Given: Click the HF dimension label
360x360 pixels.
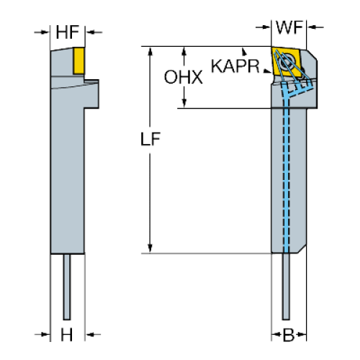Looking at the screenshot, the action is click(x=67, y=32).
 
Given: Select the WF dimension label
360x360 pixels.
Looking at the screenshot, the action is click(x=289, y=27).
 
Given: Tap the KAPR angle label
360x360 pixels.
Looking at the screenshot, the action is click(x=235, y=66).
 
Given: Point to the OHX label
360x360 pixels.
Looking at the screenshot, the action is click(x=183, y=77).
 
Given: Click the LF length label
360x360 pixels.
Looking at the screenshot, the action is click(x=150, y=139).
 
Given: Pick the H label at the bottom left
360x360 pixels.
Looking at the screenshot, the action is click(x=66, y=335).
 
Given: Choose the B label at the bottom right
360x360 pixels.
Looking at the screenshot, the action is click(x=289, y=335).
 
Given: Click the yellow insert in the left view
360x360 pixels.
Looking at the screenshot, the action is click(x=78, y=60).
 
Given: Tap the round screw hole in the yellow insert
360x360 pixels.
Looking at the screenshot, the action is click(x=287, y=62).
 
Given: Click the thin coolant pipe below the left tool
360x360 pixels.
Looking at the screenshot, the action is click(x=67, y=287).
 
